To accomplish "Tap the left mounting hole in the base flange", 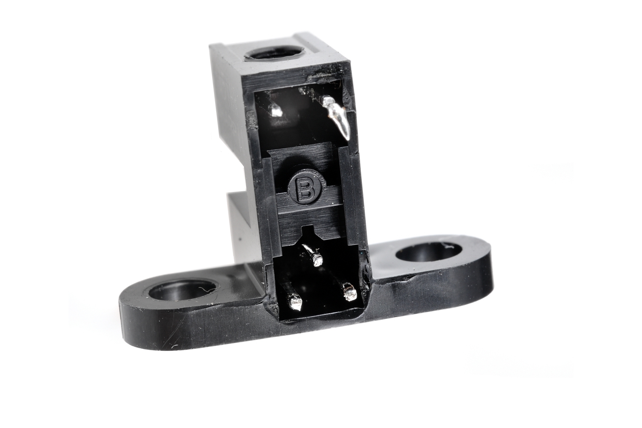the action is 183,291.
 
